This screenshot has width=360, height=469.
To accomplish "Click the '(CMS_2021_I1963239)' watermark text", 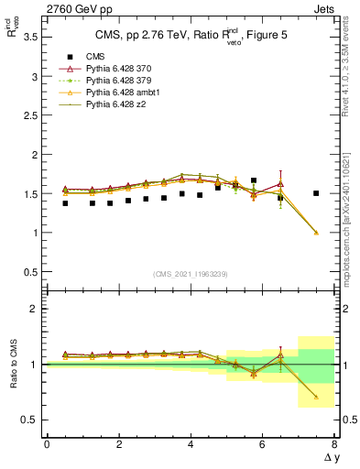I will tap(191, 273).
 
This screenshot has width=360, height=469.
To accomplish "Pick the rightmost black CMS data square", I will tap(316, 193).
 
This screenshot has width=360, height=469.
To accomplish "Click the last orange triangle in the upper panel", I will tap(316, 233).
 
